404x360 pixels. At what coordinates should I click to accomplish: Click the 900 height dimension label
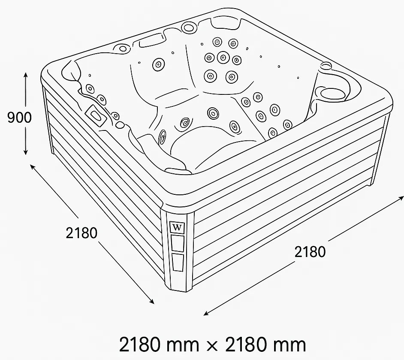tap(19, 118)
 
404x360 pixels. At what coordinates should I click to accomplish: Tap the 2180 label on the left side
tap(81, 233)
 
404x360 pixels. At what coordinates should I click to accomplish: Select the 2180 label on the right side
tap(310, 252)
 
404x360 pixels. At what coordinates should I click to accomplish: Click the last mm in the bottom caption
tap(289, 345)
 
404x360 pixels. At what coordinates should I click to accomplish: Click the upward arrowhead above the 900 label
tap(25, 75)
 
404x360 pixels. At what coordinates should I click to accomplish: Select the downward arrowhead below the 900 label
tap(25, 152)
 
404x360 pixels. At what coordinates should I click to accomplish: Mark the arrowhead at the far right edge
tap(401, 198)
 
